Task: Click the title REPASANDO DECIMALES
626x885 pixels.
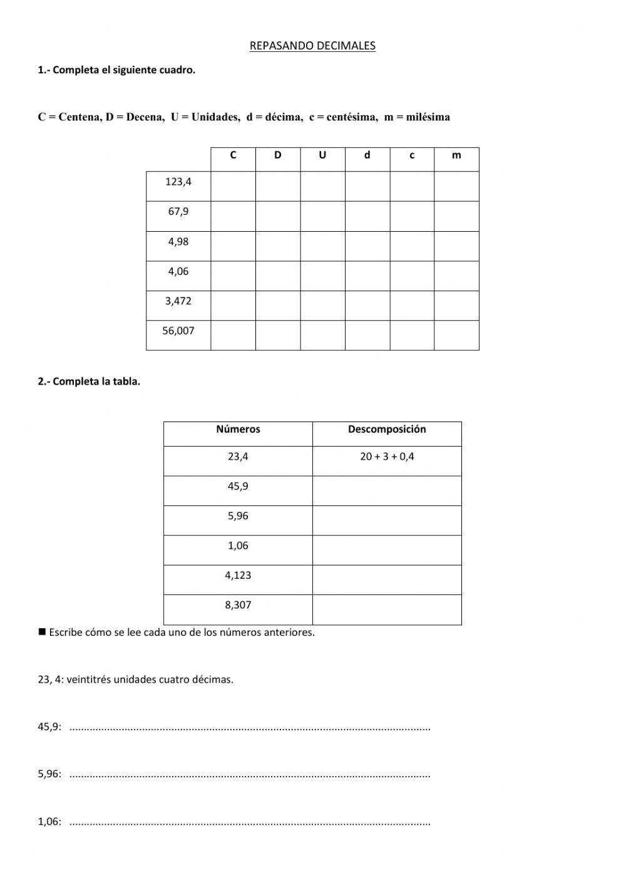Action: point(312,46)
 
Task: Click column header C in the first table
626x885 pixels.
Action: point(233,155)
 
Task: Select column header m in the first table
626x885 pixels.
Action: point(456,155)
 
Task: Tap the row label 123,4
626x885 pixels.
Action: point(178,182)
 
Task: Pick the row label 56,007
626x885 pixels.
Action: point(178,331)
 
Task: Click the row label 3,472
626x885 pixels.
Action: point(178,301)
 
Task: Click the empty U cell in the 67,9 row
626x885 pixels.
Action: point(322,216)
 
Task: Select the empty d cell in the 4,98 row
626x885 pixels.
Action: point(367,246)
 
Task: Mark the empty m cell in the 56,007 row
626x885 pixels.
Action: point(456,335)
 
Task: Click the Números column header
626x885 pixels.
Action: point(238,430)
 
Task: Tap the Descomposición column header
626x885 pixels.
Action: point(387,430)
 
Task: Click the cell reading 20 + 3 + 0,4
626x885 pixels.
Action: point(387,457)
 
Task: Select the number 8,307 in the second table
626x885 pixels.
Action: point(238,605)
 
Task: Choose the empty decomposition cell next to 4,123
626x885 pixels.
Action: point(387,580)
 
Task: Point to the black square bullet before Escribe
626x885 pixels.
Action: point(43,632)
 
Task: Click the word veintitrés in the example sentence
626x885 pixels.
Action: point(88,680)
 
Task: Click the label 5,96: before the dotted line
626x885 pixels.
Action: point(49,774)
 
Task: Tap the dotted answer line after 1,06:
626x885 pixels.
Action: point(250,823)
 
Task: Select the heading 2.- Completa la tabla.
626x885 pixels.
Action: point(89,381)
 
